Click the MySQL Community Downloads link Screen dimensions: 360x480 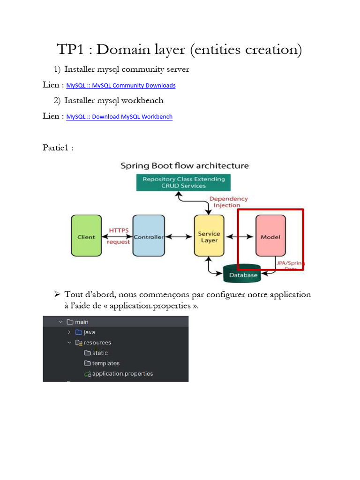pos(121,85)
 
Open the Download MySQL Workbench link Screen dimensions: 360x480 pos(120,117)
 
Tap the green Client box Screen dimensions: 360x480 pos(86,236)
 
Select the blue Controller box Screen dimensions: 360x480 pos(149,236)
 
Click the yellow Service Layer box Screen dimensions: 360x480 pos(209,236)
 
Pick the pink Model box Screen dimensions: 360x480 pos(270,236)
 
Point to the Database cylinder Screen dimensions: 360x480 pos(242,273)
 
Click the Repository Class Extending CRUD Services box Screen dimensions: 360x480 pos(183,182)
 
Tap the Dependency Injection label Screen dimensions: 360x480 pos(228,202)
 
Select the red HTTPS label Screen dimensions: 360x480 pos(119,230)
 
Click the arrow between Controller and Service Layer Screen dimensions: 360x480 pos(179,236)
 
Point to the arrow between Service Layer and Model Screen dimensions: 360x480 pos(240,236)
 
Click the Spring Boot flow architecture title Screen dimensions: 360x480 pos(185,165)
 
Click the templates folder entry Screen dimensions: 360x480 pos(102,363)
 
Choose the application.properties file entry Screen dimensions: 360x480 pos(119,374)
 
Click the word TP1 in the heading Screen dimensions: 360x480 pos(70,49)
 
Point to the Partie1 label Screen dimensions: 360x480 pos(55,148)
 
